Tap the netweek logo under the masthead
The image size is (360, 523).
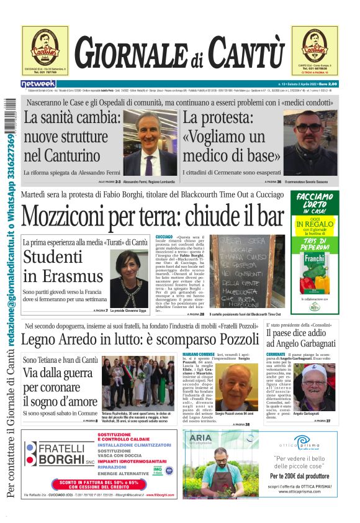tap(38, 83)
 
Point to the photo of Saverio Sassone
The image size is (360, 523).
tap(310, 143)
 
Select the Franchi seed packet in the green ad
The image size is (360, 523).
tap(317, 265)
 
